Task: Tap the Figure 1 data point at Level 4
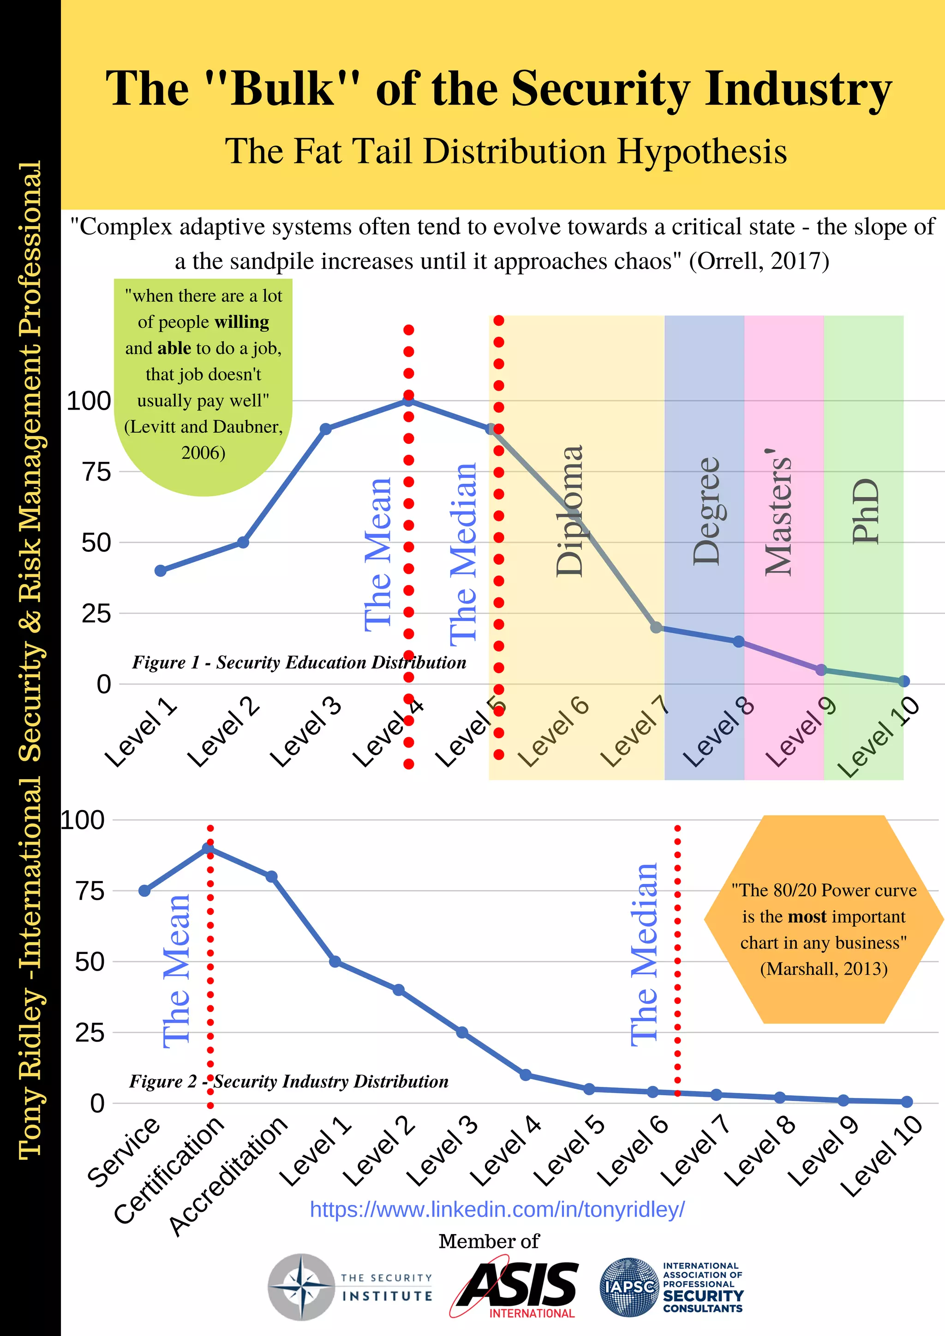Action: pyautogui.click(x=408, y=400)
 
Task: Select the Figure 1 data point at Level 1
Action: pyautogui.click(x=161, y=571)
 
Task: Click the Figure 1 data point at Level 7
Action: pyautogui.click(x=656, y=627)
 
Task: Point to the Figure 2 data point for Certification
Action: pyautogui.click(x=208, y=848)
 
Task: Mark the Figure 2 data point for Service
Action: pyautogui.click(x=144, y=891)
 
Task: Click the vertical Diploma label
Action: pyautogui.click(x=569, y=511)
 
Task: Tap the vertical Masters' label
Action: pyautogui.click(x=778, y=512)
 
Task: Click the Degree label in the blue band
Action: pyautogui.click(x=706, y=511)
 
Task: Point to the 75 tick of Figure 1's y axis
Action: pyautogui.click(x=96, y=472)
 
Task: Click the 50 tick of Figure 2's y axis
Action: pyautogui.click(x=90, y=962)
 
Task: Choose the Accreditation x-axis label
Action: pyautogui.click(x=228, y=1175)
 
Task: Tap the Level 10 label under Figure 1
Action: pyautogui.click(x=879, y=737)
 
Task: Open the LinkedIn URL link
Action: pyautogui.click(x=497, y=1209)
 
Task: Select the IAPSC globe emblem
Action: pyautogui.click(x=629, y=1287)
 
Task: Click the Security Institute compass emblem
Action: pyautogui.click(x=301, y=1287)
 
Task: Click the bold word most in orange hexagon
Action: pyautogui.click(x=807, y=917)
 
